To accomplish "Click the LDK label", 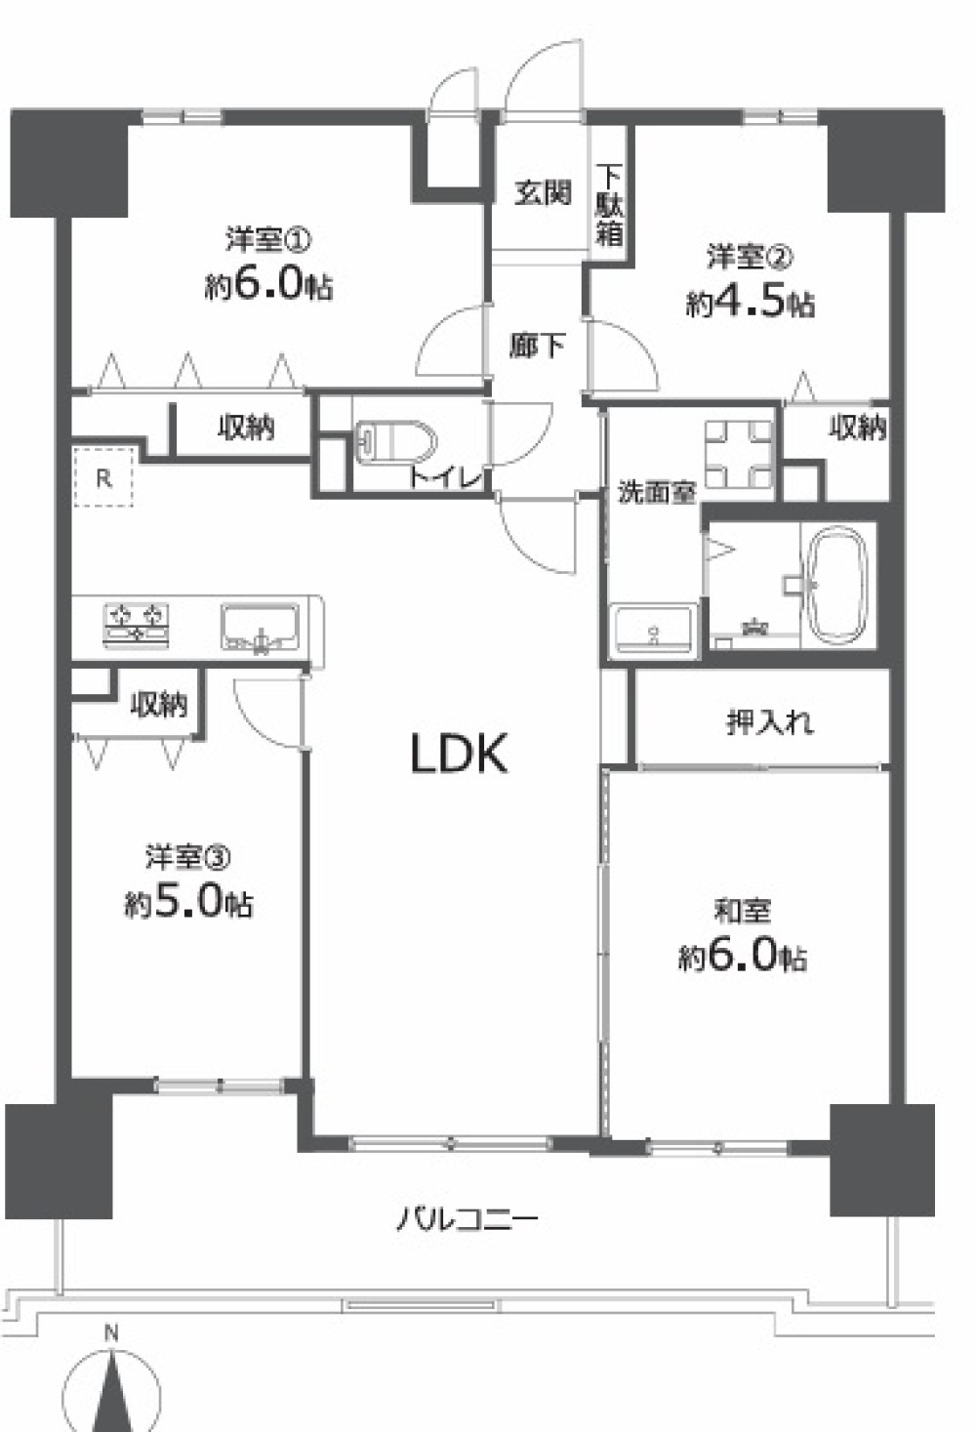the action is [x=459, y=754].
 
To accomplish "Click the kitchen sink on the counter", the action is [x=261, y=628].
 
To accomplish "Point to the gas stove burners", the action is [x=137, y=623].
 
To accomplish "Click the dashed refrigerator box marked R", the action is [x=103, y=477].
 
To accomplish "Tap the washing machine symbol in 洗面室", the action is [x=739, y=454].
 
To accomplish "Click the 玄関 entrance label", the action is [x=543, y=191].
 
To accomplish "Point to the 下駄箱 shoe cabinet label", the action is [x=609, y=205].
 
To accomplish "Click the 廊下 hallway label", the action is [x=536, y=346].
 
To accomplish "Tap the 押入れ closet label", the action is [x=769, y=723].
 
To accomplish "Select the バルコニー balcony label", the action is [x=468, y=1220].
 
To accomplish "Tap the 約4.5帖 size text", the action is [x=750, y=304].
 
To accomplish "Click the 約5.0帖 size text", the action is [x=188, y=903].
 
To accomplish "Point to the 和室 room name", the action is [x=742, y=911].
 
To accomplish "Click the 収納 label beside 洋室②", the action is [x=858, y=427].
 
